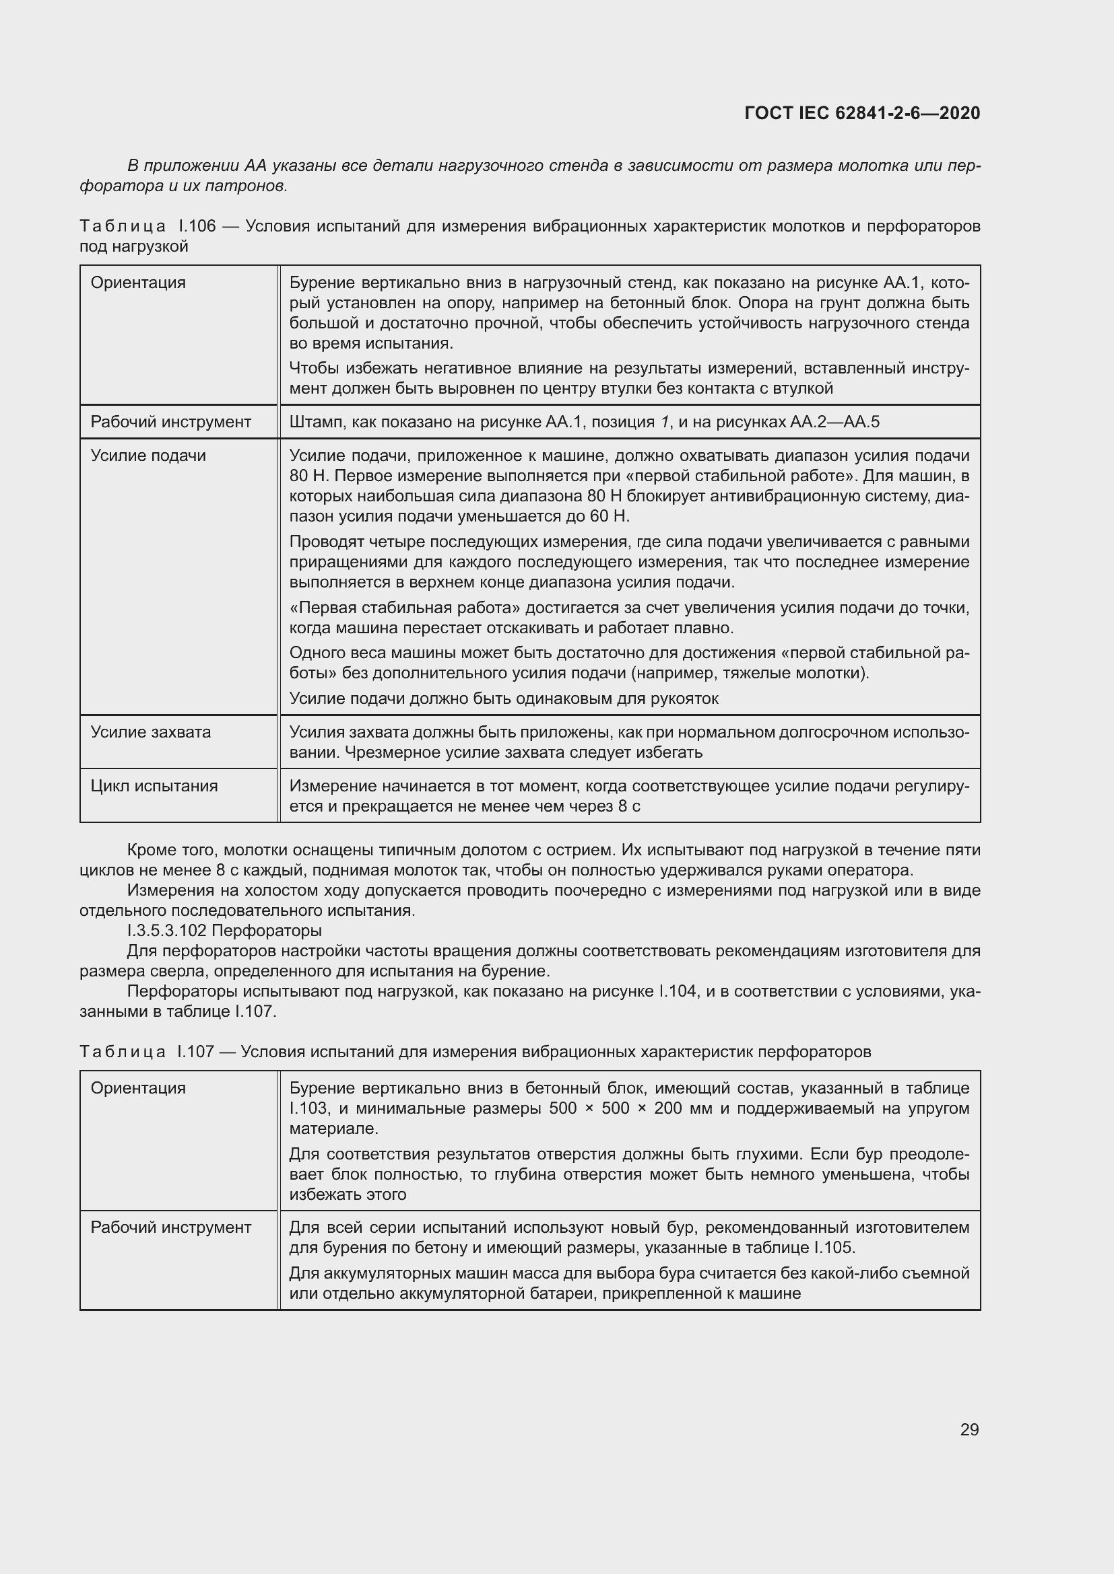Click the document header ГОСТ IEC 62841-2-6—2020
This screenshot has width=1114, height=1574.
(x=861, y=113)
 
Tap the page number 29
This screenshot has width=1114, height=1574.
(x=969, y=1429)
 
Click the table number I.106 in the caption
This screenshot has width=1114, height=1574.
(x=197, y=226)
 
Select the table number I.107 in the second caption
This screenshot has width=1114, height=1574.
(x=195, y=1052)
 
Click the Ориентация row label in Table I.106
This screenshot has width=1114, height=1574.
(x=138, y=283)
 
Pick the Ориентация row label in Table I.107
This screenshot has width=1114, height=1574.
(x=138, y=1088)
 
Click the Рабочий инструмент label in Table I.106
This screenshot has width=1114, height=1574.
(x=171, y=422)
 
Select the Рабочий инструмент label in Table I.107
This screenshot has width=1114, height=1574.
(x=171, y=1227)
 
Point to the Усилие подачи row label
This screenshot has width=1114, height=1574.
(x=148, y=455)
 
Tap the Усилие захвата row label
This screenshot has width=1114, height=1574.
(x=151, y=732)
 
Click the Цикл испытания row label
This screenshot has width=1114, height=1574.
(x=154, y=785)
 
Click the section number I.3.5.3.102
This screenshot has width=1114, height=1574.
(x=166, y=930)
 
